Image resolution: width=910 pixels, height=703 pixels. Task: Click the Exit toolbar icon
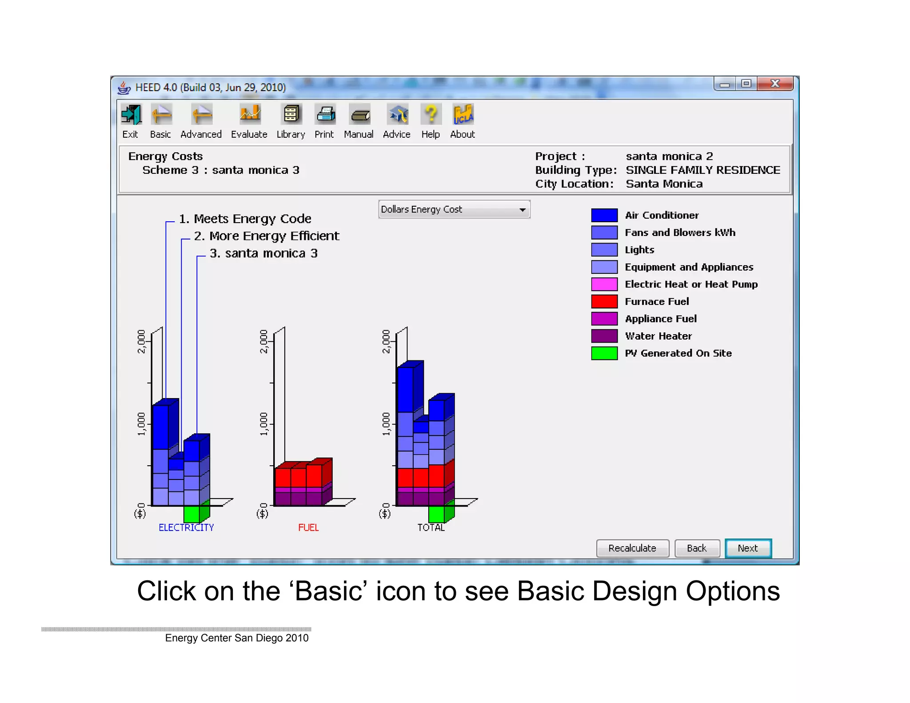pyautogui.click(x=131, y=115)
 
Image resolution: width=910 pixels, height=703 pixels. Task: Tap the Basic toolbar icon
pyautogui.click(x=161, y=115)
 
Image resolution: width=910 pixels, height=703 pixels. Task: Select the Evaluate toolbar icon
pyautogui.click(x=250, y=115)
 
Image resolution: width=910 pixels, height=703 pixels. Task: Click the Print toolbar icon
pyautogui.click(x=325, y=115)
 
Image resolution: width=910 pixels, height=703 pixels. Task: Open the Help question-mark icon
pyautogui.click(x=431, y=115)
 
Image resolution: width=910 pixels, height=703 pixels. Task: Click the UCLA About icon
pyautogui.click(x=463, y=115)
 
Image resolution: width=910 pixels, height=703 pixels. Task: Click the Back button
pyautogui.click(x=696, y=548)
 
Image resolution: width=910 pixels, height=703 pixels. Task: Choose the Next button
pyautogui.click(x=748, y=548)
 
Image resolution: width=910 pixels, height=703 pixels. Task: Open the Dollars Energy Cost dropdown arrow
pyautogui.click(x=523, y=209)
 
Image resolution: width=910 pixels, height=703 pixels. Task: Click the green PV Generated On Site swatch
pyautogui.click(x=604, y=353)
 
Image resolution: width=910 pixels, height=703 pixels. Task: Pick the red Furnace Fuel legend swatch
pyautogui.click(x=604, y=301)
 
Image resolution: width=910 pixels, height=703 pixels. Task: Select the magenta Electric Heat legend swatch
pyautogui.click(x=604, y=284)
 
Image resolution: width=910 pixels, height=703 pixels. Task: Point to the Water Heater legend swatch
pyautogui.click(x=604, y=336)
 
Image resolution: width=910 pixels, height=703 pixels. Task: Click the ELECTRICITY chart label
pyautogui.click(x=186, y=527)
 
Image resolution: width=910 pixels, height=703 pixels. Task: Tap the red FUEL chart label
pyautogui.click(x=308, y=527)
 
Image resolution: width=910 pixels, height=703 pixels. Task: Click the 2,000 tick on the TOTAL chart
pyautogui.click(x=386, y=341)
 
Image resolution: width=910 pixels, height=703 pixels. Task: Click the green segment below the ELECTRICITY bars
pyautogui.click(x=192, y=514)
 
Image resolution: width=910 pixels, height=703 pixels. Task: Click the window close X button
pyautogui.click(x=775, y=84)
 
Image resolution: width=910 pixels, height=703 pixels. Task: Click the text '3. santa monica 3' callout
pyautogui.click(x=263, y=253)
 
